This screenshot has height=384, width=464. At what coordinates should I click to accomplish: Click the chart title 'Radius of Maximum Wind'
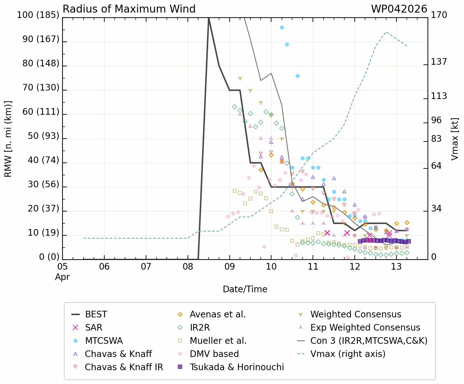[129, 9]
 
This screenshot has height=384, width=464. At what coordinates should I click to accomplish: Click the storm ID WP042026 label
[399, 9]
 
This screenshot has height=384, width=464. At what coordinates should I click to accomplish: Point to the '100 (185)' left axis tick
[38, 15]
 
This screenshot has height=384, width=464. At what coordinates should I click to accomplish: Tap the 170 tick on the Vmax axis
[439, 15]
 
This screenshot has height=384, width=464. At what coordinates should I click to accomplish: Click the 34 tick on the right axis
[436, 209]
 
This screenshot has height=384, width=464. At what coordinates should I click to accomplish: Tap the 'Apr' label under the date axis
[63, 277]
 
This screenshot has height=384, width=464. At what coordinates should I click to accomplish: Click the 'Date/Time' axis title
[245, 289]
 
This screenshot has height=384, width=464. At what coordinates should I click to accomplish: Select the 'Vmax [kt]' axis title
[455, 139]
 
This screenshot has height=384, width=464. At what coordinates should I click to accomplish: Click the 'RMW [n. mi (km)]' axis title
[8, 139]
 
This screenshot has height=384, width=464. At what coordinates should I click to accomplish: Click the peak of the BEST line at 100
[209, 18]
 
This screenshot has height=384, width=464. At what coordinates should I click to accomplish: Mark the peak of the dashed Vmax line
[386, 32]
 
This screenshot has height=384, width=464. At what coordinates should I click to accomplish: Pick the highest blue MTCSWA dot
[282, 28]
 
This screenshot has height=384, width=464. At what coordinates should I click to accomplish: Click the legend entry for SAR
[94, 327]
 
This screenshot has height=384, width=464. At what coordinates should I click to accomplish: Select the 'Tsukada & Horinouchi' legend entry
[237, 367]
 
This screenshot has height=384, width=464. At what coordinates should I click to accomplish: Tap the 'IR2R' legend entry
[199, 327]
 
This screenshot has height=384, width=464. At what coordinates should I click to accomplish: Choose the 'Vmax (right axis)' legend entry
[348, 354]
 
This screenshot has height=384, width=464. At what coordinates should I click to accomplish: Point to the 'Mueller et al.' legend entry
[218, 341]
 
